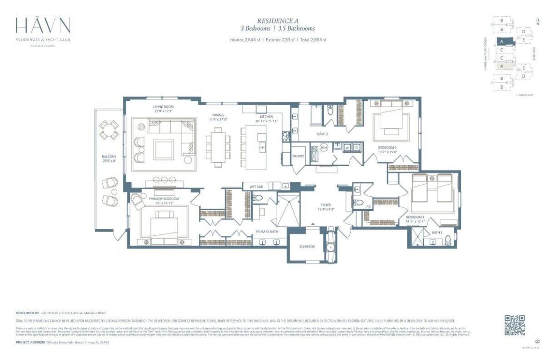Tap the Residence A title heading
(x=278, y=21)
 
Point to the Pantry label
(x=296, y=156)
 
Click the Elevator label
(x=307, y=247)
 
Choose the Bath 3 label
(x=437, y=233)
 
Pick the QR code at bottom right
(x=514, y=325)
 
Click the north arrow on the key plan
(x=538, y=21)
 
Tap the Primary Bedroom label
(x=162, y=201)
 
